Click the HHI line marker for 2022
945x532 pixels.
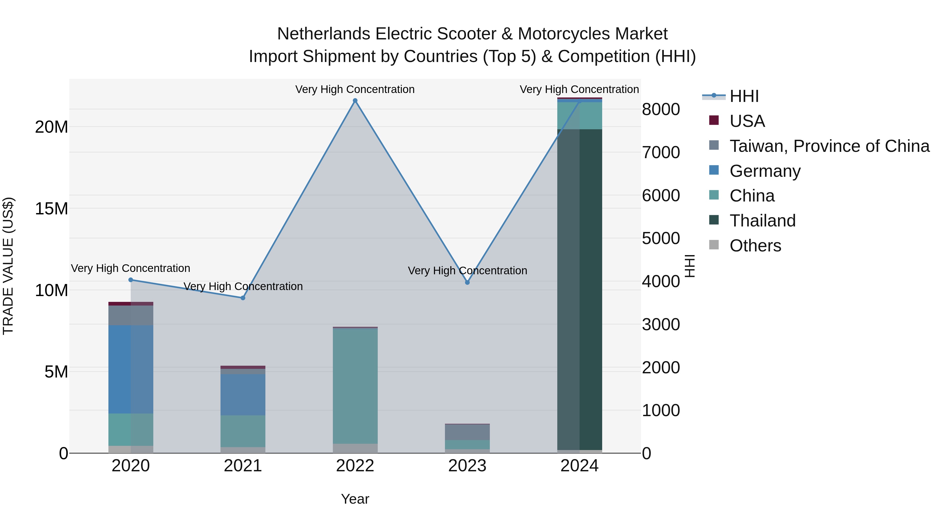[x=355, y=101]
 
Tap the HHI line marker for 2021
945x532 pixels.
[x=243, y=298]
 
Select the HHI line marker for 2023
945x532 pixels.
[x=467, y=282]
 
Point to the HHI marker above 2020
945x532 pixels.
[x=131, y=280]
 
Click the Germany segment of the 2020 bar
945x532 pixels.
[x=131, y=369]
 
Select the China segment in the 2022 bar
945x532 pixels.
[x=355, y=385]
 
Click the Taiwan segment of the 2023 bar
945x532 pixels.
[x=467, y=432]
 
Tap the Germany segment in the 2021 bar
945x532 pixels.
[x=243, y=394]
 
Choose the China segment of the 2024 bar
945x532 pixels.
[x=579, y=116]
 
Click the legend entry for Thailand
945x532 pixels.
[x=762, y=221]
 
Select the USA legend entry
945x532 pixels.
[x=747, y=121]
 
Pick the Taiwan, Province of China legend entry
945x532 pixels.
[x=829, y=146]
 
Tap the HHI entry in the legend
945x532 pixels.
[x=744, y=96]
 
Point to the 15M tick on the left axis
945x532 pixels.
[x=51, y=209]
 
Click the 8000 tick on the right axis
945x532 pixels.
[x=661, y=109]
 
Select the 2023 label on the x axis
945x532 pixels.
[x=467, y=466]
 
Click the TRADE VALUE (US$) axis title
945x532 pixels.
[x=8, y=266]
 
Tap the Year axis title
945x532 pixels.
[x=355, y=499]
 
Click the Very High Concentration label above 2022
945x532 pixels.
[x=355, y=89]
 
